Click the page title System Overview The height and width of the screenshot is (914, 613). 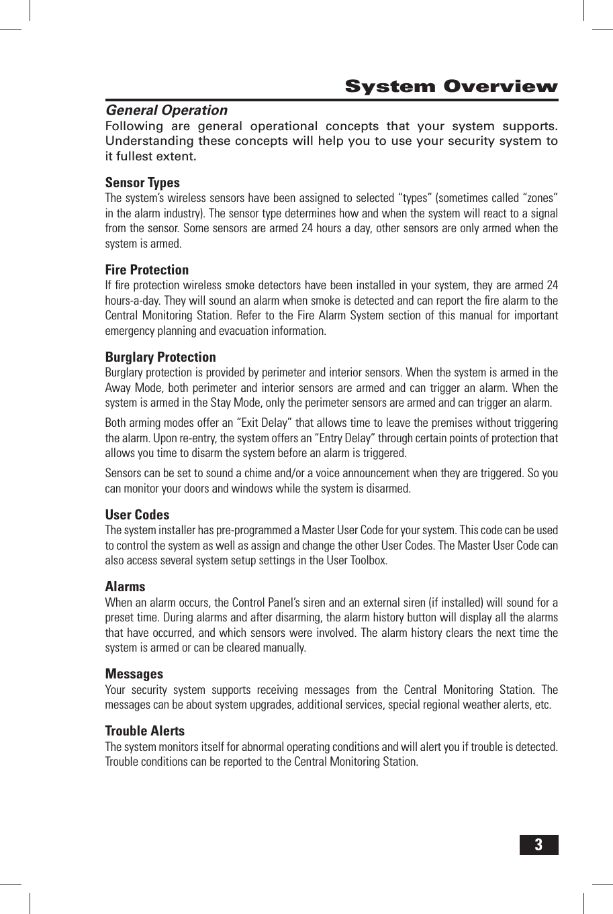click(451, 87)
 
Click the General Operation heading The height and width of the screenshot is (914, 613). click(167, 110)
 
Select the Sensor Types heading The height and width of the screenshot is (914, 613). click(142, 183)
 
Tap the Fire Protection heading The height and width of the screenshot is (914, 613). click(147, 270)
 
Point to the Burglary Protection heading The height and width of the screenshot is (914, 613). click(160, 357)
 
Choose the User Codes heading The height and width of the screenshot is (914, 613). click(137, 515)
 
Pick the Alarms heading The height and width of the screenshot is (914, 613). click(125, 587)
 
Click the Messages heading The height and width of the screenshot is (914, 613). click(134, 674)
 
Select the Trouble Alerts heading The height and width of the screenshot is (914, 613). click(144, 731)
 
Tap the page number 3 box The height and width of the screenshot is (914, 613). click(538, 845)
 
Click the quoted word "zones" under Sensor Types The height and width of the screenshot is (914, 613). click(537, 198)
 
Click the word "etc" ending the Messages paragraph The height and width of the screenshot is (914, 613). click(543, 705)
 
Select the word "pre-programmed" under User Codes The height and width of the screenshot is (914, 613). click(253, 531)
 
